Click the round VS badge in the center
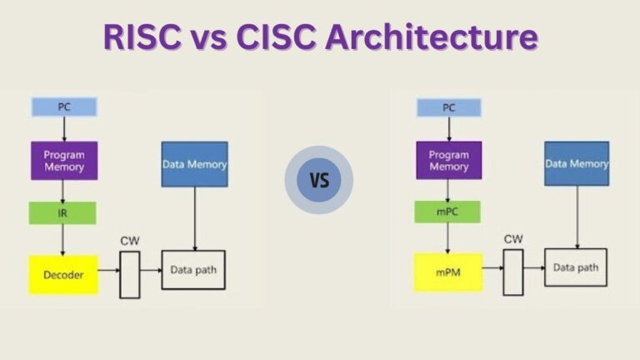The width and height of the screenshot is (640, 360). tap(319, 180)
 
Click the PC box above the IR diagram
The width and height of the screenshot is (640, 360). tap(64, 107)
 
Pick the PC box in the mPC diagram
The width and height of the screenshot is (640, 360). tap(448, 107)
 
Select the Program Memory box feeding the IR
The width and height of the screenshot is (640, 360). tap(64, 160)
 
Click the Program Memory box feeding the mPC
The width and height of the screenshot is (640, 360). tap(448, 160)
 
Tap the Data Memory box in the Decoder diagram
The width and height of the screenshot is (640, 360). tap(194, 164)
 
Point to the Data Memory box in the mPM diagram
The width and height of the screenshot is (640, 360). tap(577, 163)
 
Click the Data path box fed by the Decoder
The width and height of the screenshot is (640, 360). tap(193, 269)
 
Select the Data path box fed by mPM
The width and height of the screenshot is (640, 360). tap(576, 267)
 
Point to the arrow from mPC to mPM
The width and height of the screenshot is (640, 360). tap(448, 238)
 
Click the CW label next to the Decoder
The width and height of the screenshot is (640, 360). tap(129, 241)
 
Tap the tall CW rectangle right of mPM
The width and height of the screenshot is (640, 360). tap(512, 272)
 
